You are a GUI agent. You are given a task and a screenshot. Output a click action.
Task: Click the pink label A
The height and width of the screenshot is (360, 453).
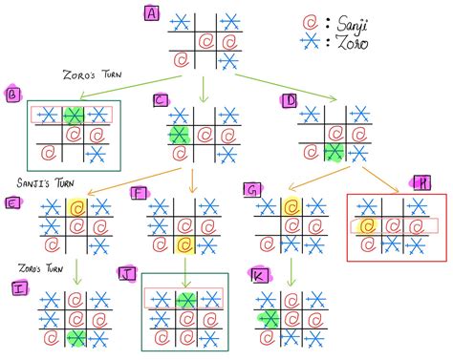151,12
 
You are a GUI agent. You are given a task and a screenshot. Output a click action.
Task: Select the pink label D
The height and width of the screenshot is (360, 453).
289,98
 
